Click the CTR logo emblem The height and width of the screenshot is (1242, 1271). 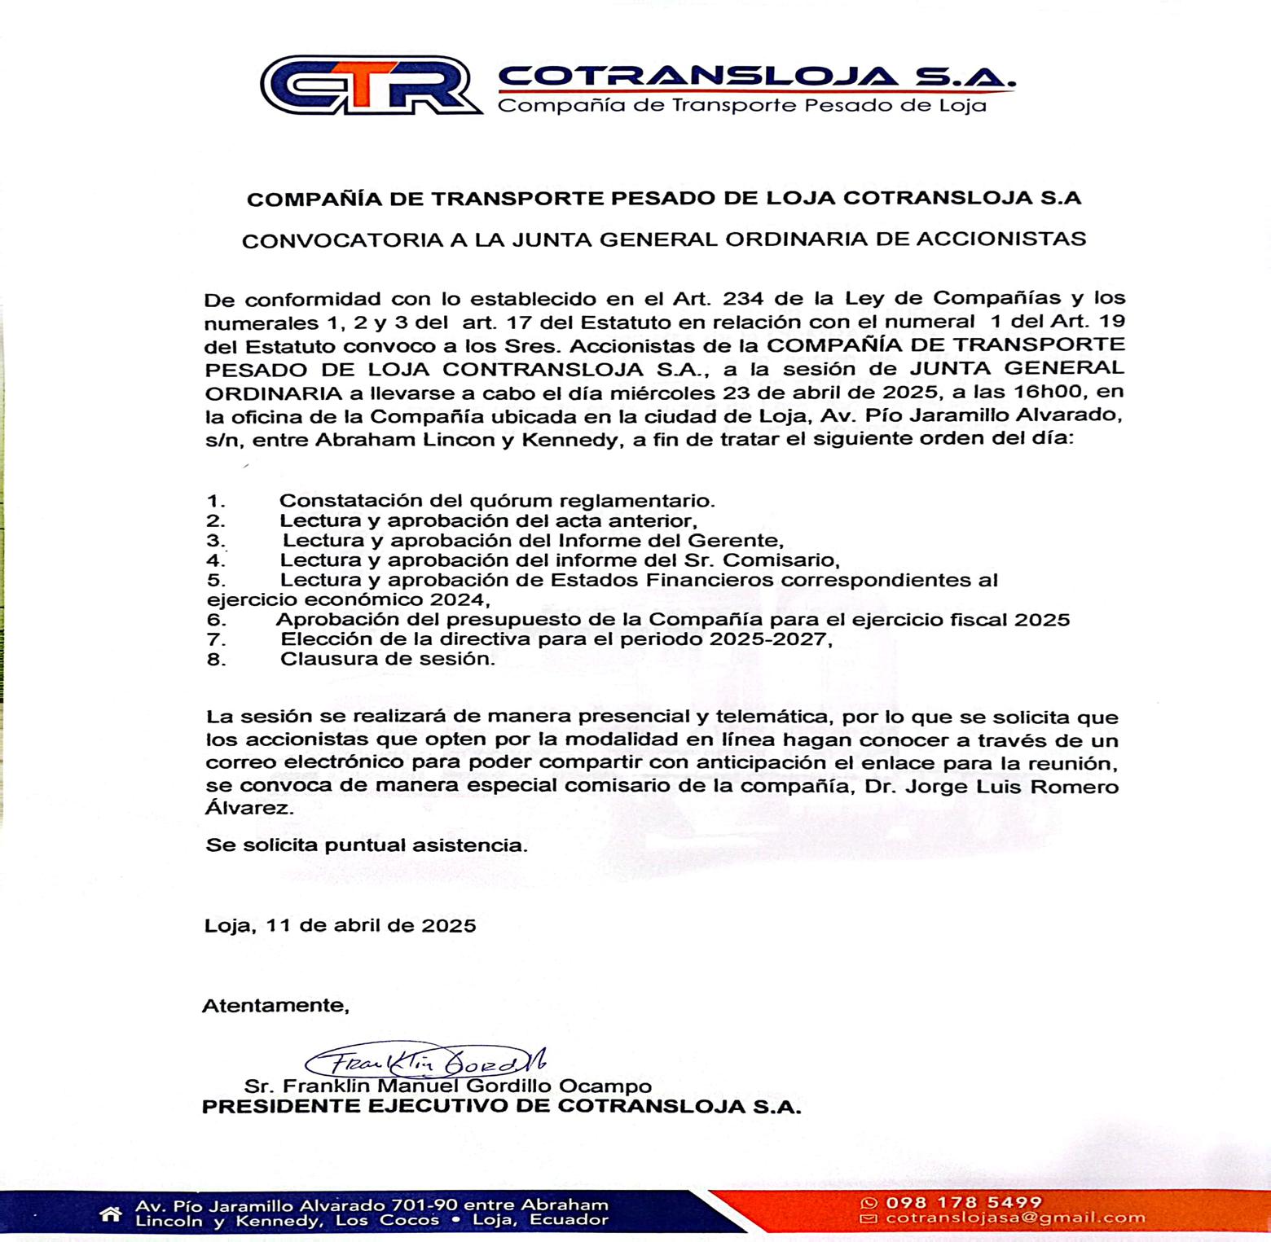tap(371, 85)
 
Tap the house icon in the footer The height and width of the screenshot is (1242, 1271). tap(111, 1214)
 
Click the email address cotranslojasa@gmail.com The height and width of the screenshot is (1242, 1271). tap(1015, 1218)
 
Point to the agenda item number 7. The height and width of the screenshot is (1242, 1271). tap(216, 639)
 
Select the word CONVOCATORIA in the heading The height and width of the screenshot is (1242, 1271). tap(341, 239)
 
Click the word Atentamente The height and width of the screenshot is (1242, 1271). tap(275, 1005)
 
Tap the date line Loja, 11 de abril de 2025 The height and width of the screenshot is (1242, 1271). tap(341, 925)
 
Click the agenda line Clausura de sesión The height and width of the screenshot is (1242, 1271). tap(387, 659)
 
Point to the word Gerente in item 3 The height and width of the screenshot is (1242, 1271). tap(734, 540)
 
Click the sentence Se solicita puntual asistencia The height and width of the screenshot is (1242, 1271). tap(367, 845)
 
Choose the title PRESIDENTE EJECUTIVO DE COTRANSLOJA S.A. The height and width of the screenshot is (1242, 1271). tap(501, 1107)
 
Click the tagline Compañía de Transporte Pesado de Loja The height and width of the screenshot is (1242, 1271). tap(741, 106)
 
